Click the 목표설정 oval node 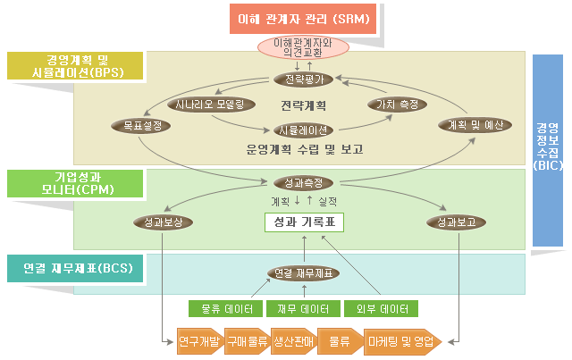point(139,126)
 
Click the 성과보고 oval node point(450,222)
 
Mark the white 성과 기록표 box point(304,222)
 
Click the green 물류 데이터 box point(224,309)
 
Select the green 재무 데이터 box point(302,309)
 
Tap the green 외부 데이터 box point(380,309)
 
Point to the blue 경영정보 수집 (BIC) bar point(548,147)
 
